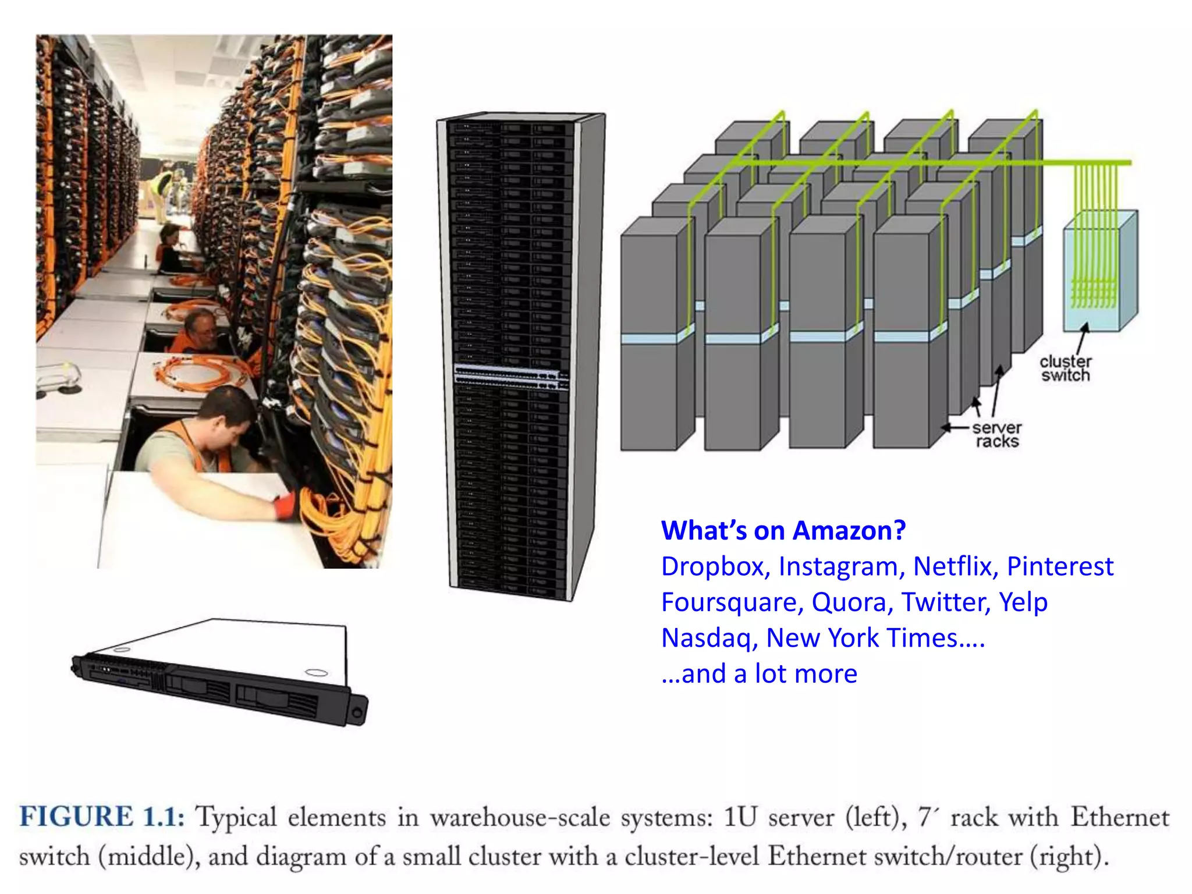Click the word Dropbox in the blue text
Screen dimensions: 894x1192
713,567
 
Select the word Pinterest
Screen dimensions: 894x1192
1060,567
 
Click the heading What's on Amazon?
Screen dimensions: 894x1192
783,531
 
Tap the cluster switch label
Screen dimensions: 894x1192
1065,368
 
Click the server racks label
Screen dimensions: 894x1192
996,435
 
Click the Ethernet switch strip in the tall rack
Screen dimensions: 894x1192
510,374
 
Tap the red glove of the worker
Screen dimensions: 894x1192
285,505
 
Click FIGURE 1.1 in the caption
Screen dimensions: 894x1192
102,817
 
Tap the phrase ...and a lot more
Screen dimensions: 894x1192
759,674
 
